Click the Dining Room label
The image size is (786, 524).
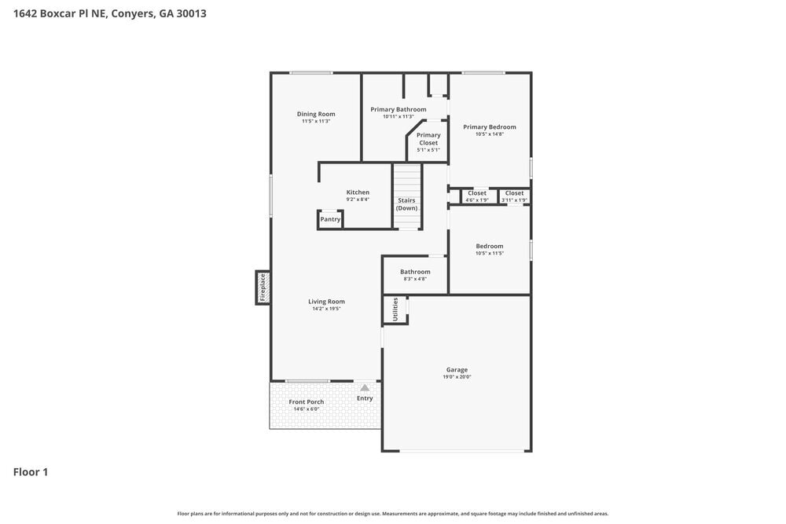[x=316, y=114]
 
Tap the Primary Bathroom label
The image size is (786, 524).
[x=399, y=109]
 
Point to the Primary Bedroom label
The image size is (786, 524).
[x=489, y=126]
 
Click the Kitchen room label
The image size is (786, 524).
[x=358, y=192]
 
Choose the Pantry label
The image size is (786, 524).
[x=330, y=219]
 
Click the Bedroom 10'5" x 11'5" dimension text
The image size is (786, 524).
[x=489, y=253]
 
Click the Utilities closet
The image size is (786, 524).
[x=395, y=310]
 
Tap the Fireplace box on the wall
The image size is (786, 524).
[x=263, y=287]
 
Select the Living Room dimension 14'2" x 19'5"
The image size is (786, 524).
[x=326, y=309]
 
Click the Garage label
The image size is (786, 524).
[x=457, y=369]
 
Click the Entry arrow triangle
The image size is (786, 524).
[x=365, y=387]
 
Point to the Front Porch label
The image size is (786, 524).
[x=307, y=401]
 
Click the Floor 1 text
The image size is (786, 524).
[x=31, y=472]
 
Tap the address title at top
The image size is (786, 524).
[x=110, y=13]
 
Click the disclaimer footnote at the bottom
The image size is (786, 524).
[x=393, y=513]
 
